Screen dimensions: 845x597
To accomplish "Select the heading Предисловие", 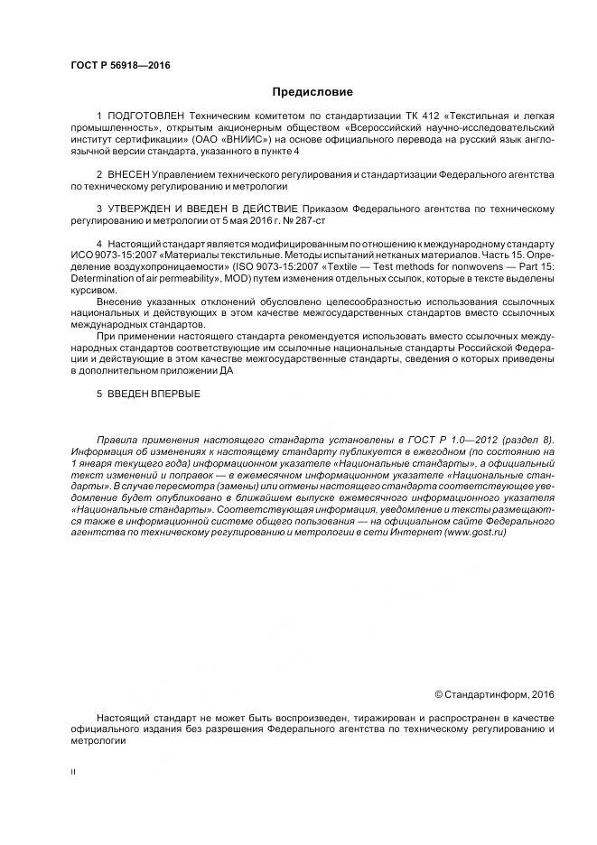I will coord(312,92).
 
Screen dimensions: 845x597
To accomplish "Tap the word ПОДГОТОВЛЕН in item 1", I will coord(145,118).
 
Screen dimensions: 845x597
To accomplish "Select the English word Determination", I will coord(103,280).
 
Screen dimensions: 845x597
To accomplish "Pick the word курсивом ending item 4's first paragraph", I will coord(93,291).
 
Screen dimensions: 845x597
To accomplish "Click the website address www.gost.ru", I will coord(475,533).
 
